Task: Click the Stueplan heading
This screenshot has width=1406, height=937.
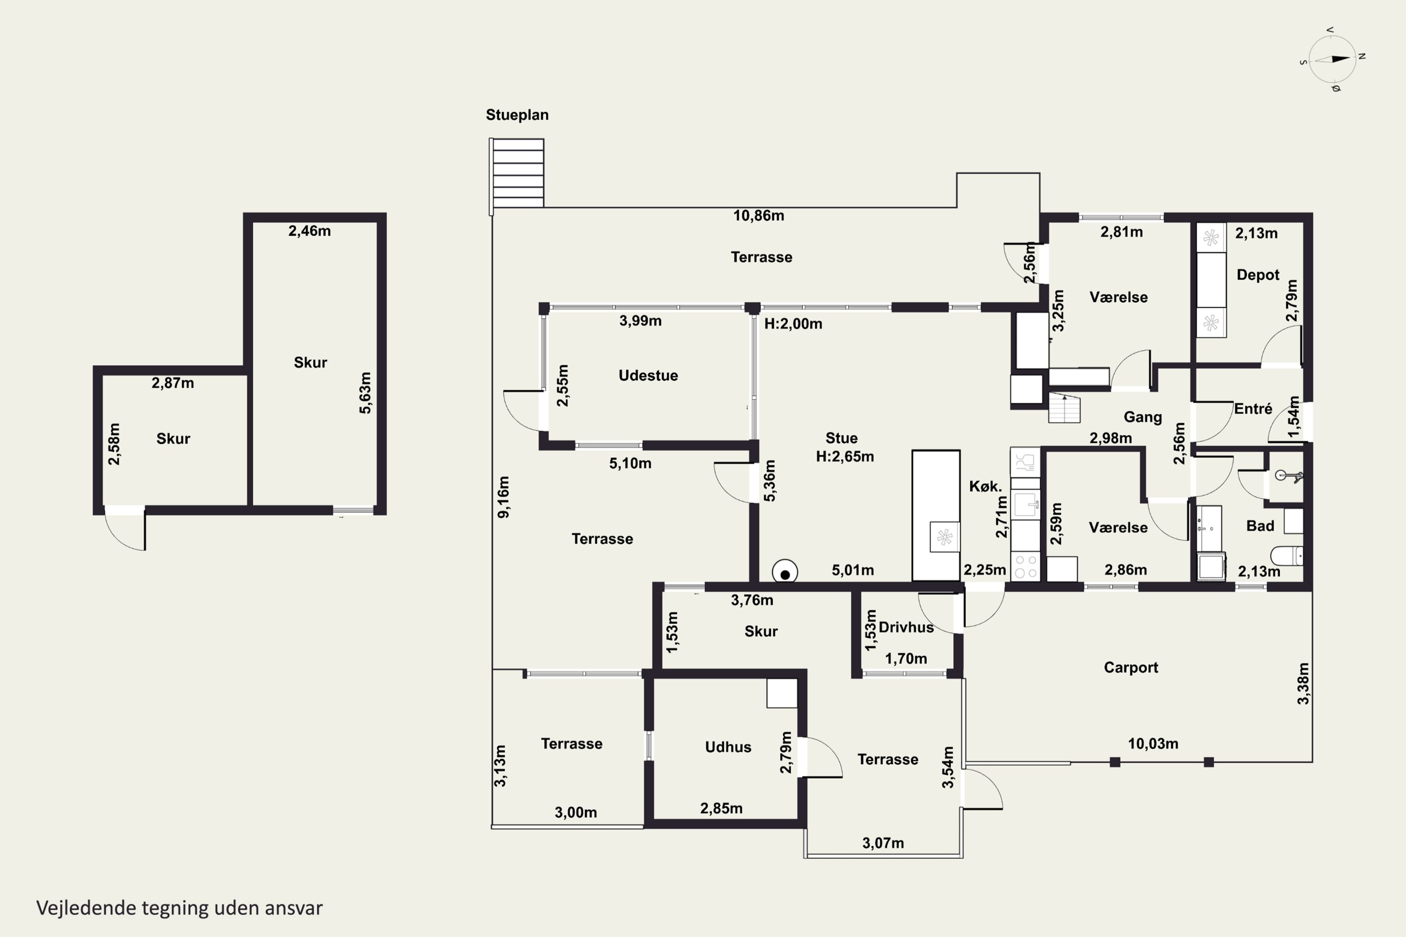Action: pyautogui.click(x=517, y=115)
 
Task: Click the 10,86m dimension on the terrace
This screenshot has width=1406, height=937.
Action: pyautogui.click(x=759, y=216)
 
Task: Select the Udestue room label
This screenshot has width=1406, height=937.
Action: pyautogui.click(x=648, y=375)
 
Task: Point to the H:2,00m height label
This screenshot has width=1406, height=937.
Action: pyautogui.click(x=793, y=324)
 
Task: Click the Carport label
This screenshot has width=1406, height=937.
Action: pyautogui.click(x=1131, y=668)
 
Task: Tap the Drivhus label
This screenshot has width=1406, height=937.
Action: pyautogui.click(x=906, y=627)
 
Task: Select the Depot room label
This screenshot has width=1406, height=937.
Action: pyautogui.click(x=1258, y=275)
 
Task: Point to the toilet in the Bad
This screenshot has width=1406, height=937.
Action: pyautogui.click(x=1287, y=556)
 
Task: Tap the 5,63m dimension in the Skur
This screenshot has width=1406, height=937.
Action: pyautogui.click(x=365, y=393)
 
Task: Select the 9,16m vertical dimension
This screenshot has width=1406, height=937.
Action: pyautogui.click(x=504, y=497)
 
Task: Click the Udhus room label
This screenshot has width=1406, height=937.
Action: pyautogui.click(x=728, y=747)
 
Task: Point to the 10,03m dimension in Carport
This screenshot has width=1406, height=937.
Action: pyautogui.click(x=1153, y=744)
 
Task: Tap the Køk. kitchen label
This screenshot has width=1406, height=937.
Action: pyautogui.click(x=985, y=486)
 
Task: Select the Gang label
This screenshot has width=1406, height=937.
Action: pyautogui.click(x=1143, y=417)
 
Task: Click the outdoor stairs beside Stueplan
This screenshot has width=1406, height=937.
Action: pyautogui.click(x=517, y=173)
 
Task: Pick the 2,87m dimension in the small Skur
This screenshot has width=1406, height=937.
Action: pyautogui.click(x=173, y=383)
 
